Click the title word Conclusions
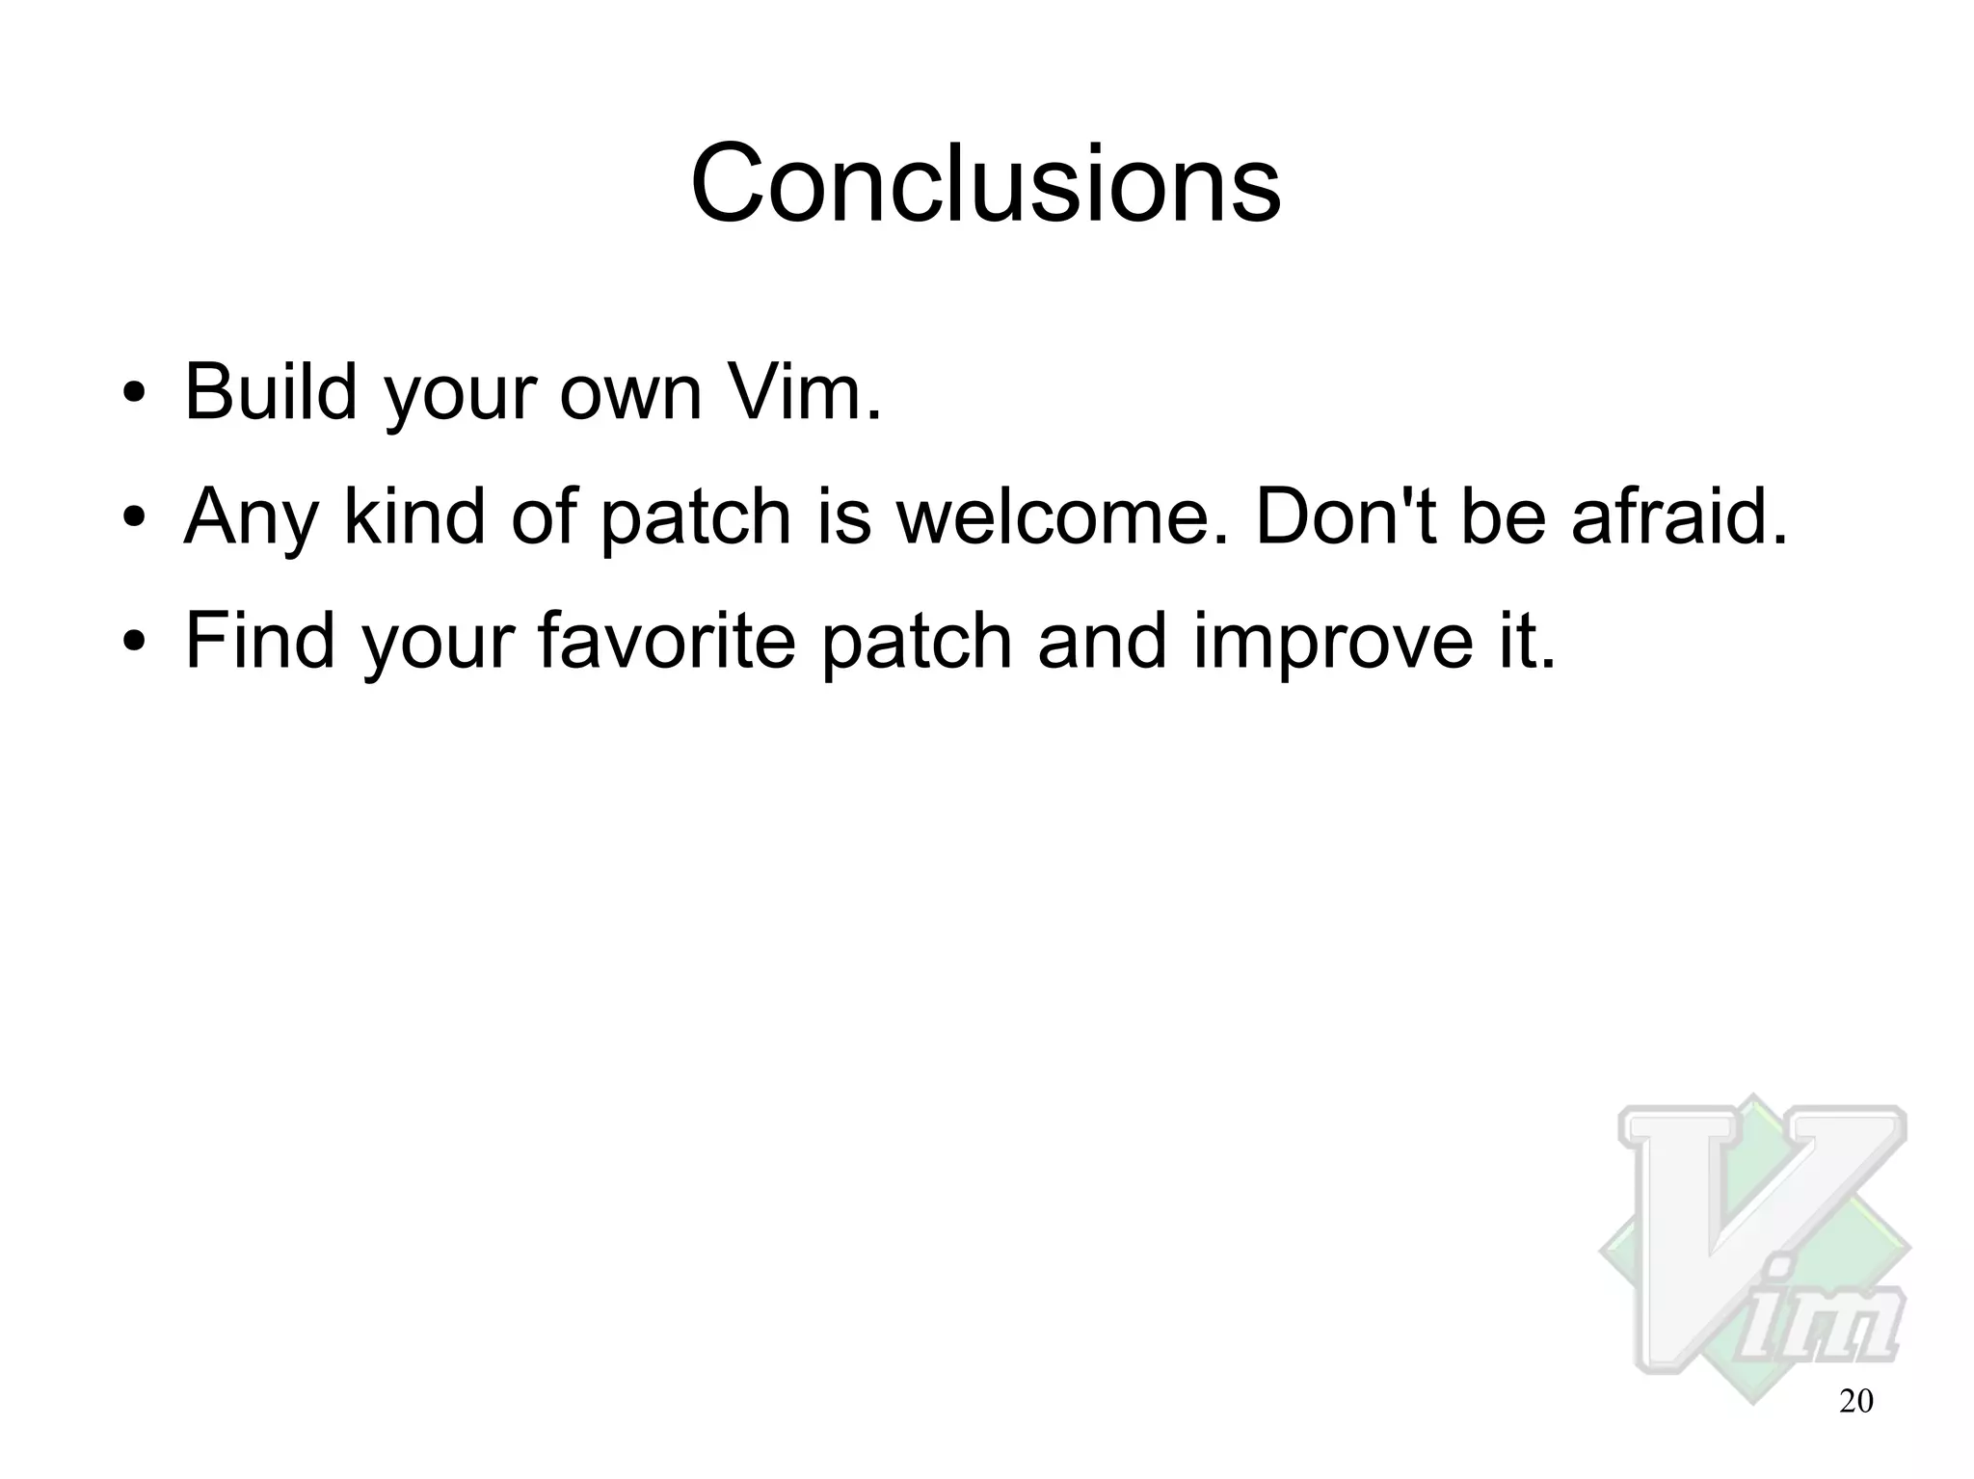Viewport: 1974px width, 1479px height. (985, 183)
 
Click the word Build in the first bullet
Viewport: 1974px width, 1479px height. (270, 391)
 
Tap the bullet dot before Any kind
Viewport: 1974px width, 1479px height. (134, 519)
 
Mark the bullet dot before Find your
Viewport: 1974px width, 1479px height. (134, 643)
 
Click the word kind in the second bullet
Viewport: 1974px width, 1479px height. (415, 515)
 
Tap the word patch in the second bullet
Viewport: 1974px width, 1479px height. (695, 519)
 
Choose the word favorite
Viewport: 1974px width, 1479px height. (666, 640)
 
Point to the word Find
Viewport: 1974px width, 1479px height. (259, 640)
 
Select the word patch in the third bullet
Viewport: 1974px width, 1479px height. (917, 643)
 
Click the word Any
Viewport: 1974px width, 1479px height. (252, 519)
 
